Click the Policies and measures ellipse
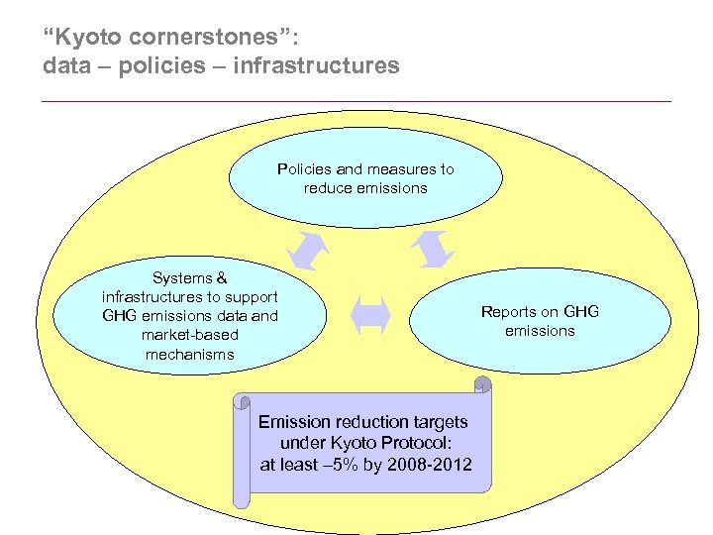point(365,178)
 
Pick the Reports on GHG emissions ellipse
point(540,321)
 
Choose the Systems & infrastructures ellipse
point(190,316)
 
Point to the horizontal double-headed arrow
point(370,315)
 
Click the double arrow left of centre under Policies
point(308,251)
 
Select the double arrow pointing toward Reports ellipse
point(432,249)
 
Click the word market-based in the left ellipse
point(190,335)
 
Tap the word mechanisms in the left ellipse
point(190,354)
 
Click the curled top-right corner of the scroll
point(482,384)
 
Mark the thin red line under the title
point(356,101)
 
